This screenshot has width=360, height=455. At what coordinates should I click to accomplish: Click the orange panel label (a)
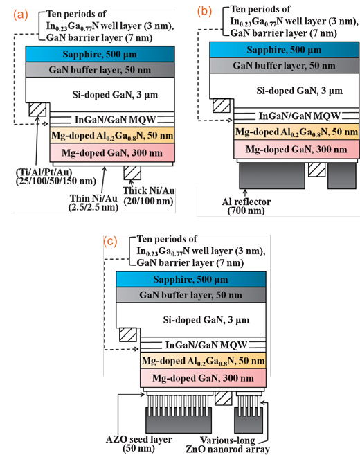pos(21,15)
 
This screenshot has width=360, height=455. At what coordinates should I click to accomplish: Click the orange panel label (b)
pos(204,11)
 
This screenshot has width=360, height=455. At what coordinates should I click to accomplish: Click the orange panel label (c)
pos(110,242)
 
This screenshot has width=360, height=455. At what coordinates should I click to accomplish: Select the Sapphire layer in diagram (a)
pos(100,54)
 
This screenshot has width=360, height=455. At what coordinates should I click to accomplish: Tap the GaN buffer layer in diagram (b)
pos(285,65)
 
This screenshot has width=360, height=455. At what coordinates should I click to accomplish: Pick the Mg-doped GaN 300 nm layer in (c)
pos(203,378)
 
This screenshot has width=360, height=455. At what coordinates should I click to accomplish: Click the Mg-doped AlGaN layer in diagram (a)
pos(112,135)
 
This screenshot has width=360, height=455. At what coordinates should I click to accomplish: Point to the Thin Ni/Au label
pos(93,202)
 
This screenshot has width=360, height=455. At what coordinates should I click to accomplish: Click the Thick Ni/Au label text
pos(149,195)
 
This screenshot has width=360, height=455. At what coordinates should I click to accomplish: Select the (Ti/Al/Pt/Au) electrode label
pos(55,177)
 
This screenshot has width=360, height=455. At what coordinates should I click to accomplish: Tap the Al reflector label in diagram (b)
pos(246,206)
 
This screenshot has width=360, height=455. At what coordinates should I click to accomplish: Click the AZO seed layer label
pos(138,444)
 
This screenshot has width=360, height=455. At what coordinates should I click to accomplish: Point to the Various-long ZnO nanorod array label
pos(228,445)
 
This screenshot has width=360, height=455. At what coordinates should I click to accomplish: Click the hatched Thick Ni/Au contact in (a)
pos(132,172)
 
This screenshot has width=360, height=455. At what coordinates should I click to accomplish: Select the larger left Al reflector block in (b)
pos(272,175)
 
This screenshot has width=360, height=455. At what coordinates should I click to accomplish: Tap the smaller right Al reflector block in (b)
pos(342,175)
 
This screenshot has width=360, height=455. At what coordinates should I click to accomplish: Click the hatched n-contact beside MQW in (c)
pos(128,334)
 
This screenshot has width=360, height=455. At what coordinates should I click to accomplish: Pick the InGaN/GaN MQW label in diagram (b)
pos(299,116)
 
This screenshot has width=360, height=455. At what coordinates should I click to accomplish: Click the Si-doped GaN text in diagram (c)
pos(206,320)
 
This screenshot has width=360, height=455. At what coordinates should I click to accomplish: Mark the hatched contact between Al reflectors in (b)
pos(316,170)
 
